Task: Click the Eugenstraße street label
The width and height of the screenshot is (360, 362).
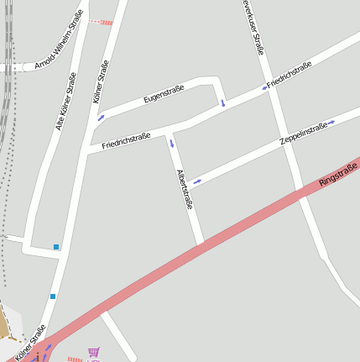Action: (x=164, y=97)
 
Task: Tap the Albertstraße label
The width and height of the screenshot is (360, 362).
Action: (x=185, y=189)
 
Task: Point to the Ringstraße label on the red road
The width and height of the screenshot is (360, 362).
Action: (x=338, y=174)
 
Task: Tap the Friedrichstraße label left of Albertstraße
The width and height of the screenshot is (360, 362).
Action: (x=126, y=140)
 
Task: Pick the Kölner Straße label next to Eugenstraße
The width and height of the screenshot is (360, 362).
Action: (x=102, y=81)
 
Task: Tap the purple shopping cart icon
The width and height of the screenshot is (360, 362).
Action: (x=93, y=353)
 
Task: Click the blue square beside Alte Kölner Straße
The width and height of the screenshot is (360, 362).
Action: (x=56, y=247)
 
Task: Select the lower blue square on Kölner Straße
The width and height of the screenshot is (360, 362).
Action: (x=53, y=296)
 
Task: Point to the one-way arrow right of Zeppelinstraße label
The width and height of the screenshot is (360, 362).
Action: (x=332, y=123)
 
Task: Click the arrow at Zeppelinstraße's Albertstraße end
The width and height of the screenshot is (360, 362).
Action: (x=197, y=181)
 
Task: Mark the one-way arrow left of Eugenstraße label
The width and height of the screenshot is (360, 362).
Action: (x=102, y=118)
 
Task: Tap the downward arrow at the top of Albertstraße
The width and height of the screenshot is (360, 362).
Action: (x=172, y=143)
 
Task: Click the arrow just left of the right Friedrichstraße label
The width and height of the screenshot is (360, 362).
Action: (x=264, y=87)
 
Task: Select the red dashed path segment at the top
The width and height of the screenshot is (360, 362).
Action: (x=101, y=22)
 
